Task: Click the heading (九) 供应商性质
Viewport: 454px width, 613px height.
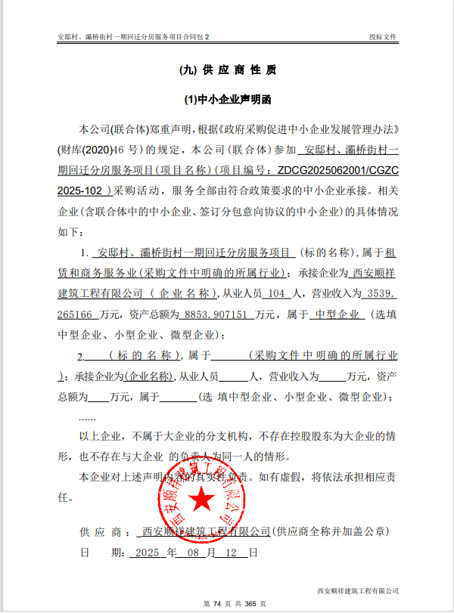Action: pyautogui.click(x=227, y=70)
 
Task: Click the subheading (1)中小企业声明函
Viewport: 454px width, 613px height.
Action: pyautogui.click(x=228, y=99)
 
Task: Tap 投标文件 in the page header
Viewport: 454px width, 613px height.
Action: pyautogui.click(x=382, y=36)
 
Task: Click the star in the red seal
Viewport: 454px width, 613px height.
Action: pyautogui.click(x=202, y=499)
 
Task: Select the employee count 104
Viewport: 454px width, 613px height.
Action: pyautogui.click(x=278, y=293)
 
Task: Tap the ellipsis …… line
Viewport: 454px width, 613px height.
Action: pyautogui.click(x=87, y=416)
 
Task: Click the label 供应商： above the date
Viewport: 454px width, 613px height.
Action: pyautogui.click(x=101, y=531)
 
